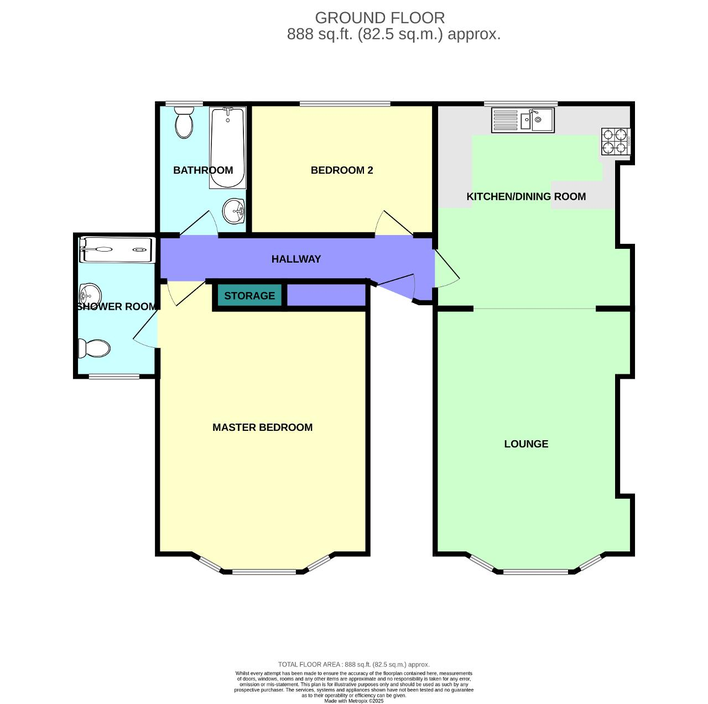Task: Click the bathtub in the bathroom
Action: tap(227, 148)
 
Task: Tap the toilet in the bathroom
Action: tap(184, 122)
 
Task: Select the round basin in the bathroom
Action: tap(234, 211)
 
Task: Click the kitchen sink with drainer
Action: tap(523, 120)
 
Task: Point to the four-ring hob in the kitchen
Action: tap(616, 141)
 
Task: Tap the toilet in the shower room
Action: tap(95, 348)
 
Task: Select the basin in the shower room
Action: tap(89, 293)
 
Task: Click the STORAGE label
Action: tap(249, 296)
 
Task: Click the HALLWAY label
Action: tap(296, 259)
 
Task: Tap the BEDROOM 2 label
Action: tap(342, 170)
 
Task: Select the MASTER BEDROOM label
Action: tap(262, 427)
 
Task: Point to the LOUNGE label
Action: tap(526, 444)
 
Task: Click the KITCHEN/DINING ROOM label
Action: tap(526, 197)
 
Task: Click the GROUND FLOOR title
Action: tap(379, 18)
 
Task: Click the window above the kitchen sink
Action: tap(520, 103)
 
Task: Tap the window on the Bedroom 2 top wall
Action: tap(345, 103)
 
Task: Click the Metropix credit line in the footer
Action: tap(353, 701)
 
